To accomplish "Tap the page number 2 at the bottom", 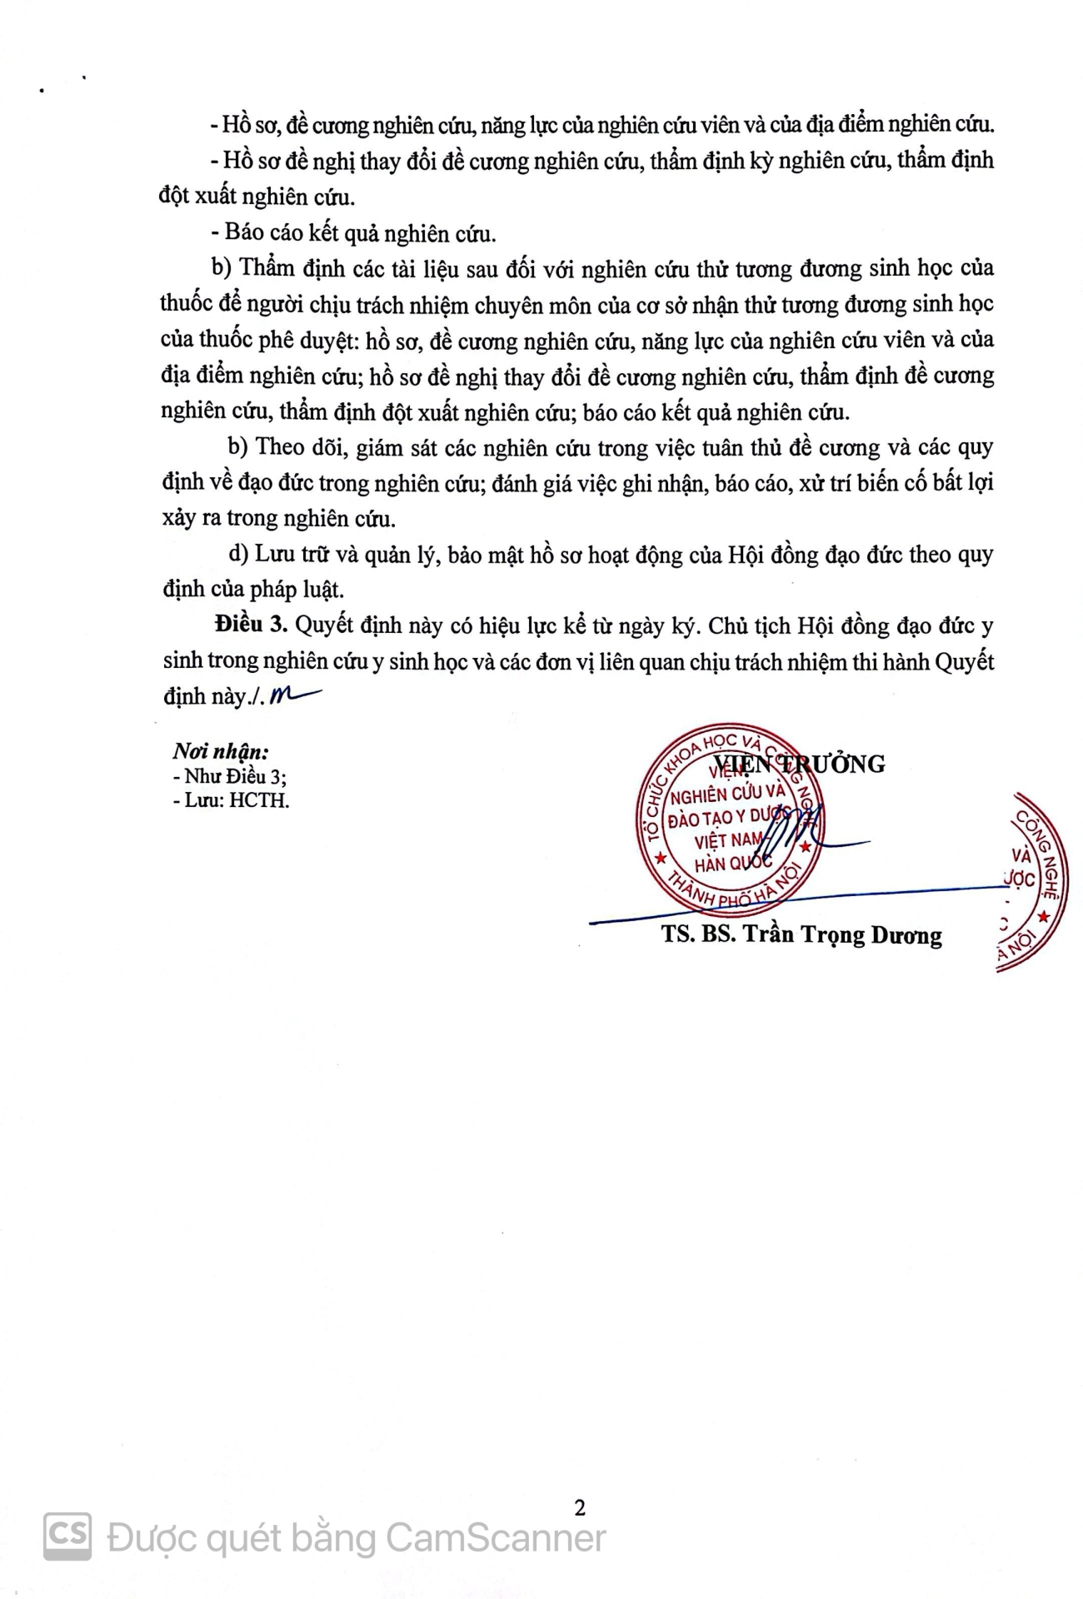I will point(580,1507).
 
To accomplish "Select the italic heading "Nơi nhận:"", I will point(221,751).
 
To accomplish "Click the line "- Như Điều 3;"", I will point(230,776).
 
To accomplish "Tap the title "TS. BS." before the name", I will point(698,934).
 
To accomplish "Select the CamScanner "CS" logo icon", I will point(67,1537).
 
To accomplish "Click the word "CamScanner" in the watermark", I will point(497,1538).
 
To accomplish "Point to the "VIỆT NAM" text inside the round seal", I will point(728,841).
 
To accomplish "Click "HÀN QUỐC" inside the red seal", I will point(733,864).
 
